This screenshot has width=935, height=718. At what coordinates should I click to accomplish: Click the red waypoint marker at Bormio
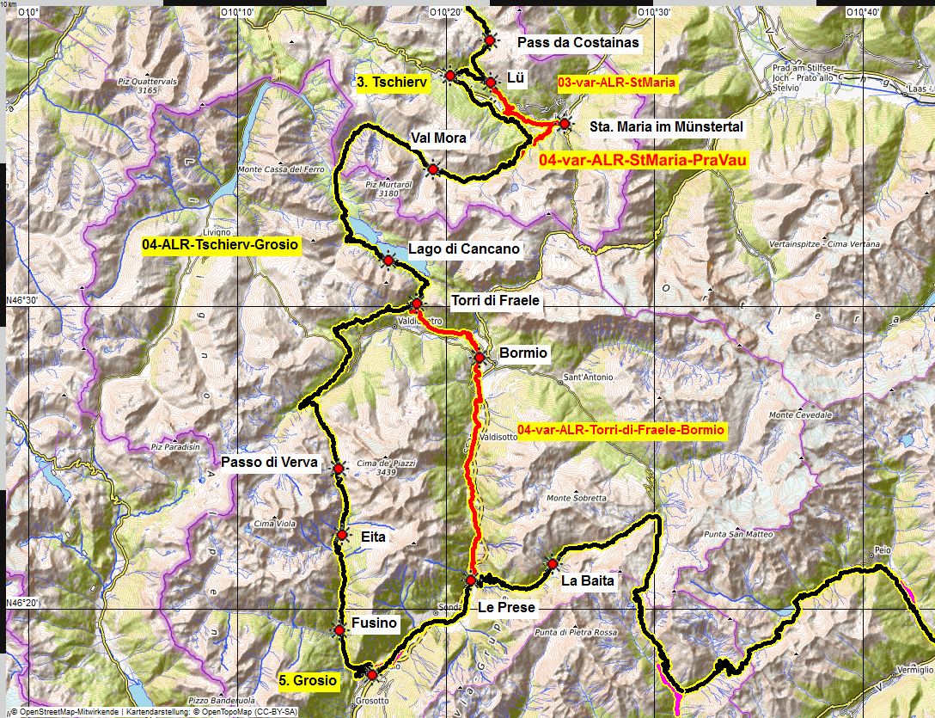480,357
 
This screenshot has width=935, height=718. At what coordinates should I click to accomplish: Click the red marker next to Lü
490,83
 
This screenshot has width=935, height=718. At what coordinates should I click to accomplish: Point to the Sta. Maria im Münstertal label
667,126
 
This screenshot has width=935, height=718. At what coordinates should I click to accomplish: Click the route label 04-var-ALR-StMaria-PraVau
643,160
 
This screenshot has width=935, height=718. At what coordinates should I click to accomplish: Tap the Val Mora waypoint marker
433,169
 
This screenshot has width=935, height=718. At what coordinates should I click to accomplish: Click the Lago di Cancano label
464,249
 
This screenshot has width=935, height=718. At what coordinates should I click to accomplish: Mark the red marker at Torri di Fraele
416,304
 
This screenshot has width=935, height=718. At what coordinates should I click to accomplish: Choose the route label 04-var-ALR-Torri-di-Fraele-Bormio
622,429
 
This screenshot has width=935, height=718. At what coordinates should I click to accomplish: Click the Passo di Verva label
269,463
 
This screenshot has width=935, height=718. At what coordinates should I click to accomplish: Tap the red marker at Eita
342,535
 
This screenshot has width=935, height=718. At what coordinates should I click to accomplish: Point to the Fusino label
374,623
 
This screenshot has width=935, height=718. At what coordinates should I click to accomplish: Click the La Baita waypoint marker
552,564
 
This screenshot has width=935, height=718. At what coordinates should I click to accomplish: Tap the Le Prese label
506,607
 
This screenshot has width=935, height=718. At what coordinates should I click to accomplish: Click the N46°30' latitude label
22,300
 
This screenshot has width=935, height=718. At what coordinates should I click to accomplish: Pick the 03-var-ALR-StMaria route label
618,83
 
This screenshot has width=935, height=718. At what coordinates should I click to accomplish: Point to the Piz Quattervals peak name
148,82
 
